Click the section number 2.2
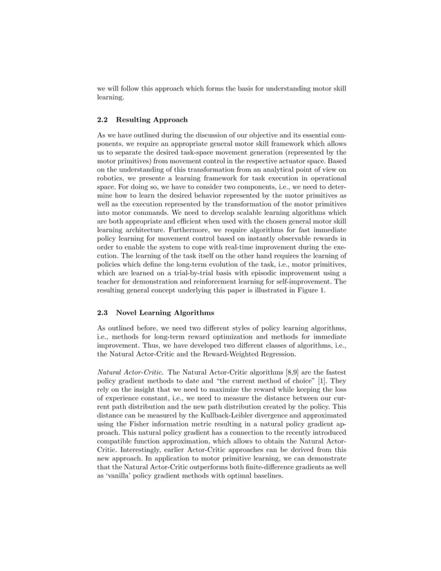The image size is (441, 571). [x=102, y=120]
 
